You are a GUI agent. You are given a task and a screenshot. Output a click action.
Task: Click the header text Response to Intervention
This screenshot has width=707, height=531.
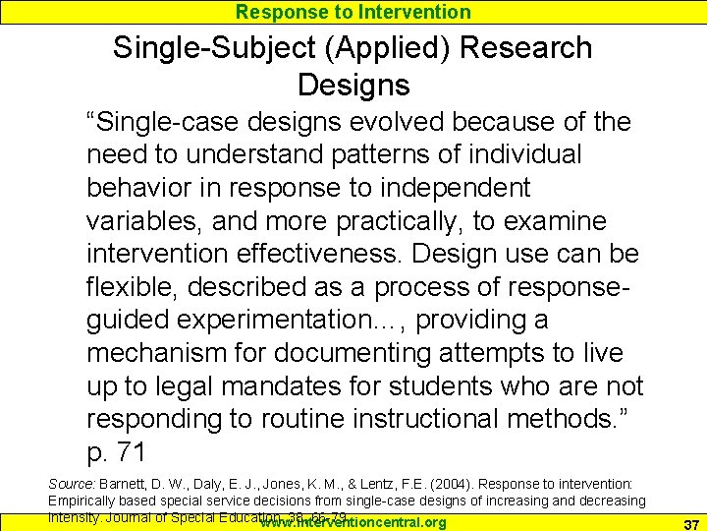coord(353,12)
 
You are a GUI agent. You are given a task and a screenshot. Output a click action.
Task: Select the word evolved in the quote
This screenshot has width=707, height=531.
coord(421,122)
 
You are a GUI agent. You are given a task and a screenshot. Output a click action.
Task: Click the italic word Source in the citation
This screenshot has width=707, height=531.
coord(66,485)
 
